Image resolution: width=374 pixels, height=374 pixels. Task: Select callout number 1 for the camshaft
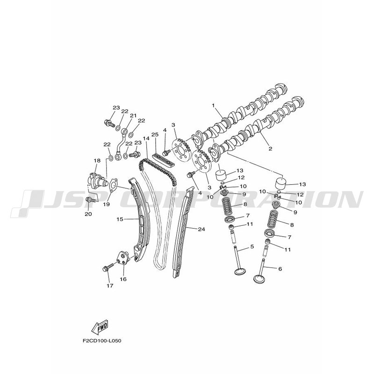pos(213,105)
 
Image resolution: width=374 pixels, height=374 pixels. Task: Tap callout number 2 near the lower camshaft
pos(270,149)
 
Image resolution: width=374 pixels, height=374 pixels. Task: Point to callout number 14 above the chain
pos(146,138)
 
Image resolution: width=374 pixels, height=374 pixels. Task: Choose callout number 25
pos(155,134)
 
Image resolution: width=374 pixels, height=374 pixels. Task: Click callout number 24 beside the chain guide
pos(201,229)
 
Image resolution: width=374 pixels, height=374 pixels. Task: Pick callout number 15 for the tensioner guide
pos(120,219)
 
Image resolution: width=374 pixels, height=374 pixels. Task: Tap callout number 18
pos(97,160)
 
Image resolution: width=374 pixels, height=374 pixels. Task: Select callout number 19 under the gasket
pos(107,204)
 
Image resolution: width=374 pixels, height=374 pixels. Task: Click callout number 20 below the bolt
pos(88,214)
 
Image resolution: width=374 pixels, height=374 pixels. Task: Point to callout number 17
pos(110,286)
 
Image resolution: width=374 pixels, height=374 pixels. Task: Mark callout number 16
pos(123,279)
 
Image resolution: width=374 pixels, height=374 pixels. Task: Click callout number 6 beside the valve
pos(280,269)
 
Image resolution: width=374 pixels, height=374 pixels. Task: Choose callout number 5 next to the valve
pos(252,246)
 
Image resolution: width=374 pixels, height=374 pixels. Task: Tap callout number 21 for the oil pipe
pos(133,115)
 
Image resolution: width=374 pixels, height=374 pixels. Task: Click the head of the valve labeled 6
pos(259,279)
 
